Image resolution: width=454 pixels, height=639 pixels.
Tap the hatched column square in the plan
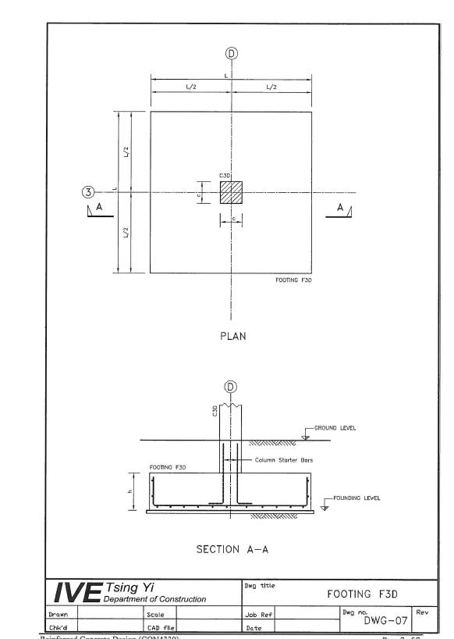tap(231, 192)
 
